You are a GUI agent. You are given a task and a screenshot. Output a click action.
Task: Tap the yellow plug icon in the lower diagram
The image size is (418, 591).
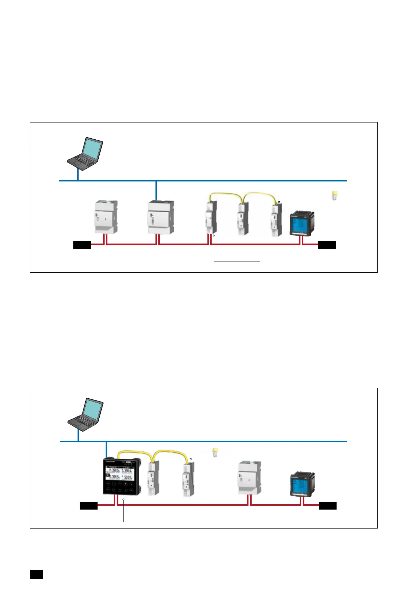216,452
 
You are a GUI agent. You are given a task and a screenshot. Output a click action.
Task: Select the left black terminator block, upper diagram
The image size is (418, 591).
82,245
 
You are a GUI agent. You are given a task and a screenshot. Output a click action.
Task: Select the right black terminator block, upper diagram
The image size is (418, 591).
327,245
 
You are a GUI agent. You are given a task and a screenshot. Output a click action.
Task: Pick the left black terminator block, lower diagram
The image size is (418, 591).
88,505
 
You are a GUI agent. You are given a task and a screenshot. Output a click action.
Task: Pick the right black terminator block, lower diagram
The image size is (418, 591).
327,505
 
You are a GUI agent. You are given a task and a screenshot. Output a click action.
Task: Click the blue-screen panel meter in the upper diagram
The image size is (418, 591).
301,223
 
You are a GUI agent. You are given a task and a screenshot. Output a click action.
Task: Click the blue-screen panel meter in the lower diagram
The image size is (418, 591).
302,484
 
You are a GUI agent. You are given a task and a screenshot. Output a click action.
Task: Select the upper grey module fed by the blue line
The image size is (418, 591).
161,217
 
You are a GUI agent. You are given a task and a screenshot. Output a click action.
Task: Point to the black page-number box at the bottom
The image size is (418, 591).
36,574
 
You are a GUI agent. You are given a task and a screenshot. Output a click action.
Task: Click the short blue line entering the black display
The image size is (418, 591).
106,450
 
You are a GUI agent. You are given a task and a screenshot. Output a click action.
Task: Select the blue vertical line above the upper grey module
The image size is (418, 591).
156,191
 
